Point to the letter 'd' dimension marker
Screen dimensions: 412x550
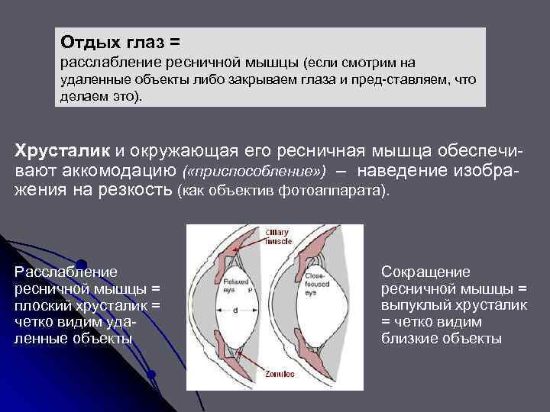235,310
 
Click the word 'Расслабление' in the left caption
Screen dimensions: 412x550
66,272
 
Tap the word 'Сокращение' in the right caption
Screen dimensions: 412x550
425,272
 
